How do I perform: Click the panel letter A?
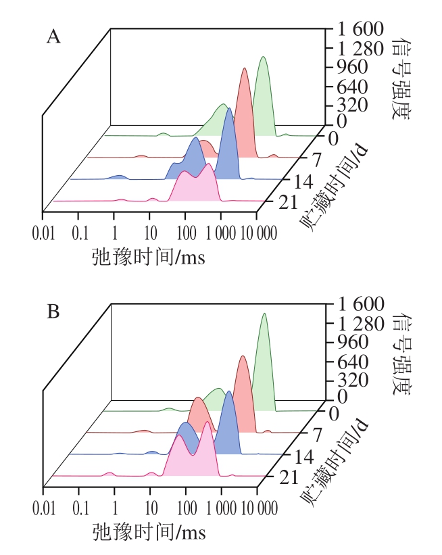(x=53, y=38)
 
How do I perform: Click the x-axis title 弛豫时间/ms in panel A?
(x=148, y=257)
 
